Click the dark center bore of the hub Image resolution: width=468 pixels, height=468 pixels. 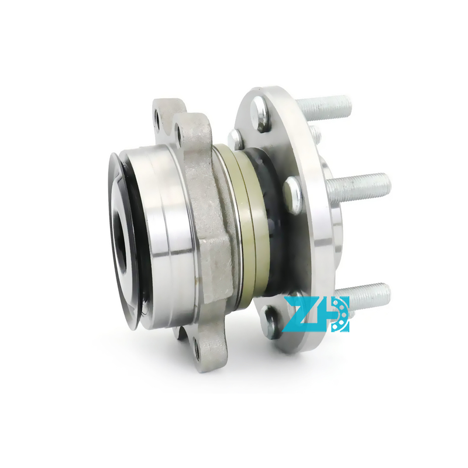point(123,230)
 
